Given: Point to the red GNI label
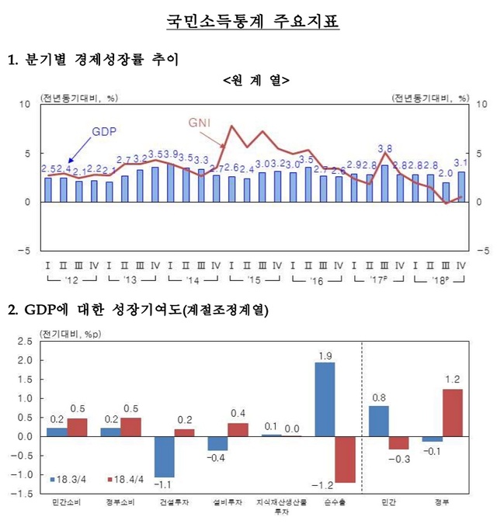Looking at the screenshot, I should pos(200,122).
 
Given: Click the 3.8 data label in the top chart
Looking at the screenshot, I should pos(384,147).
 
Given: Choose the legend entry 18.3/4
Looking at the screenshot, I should pos(73,479).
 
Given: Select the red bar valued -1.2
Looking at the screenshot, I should pos(345,460).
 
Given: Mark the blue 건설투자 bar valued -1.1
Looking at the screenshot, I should pos(164,456).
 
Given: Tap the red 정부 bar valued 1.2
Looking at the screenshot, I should pos(452,413).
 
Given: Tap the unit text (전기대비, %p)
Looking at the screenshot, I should pos(70,334).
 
